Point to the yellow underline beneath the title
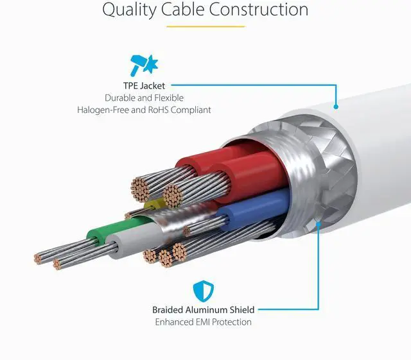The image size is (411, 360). click(x=205, y=26)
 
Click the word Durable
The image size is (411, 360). click(x=123, y=98)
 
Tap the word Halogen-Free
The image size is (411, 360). click(x=103, y=110)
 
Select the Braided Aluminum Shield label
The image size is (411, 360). click(x=203, y=309)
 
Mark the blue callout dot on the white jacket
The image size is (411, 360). click(x=336, y=107)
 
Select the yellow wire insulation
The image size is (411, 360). click(x=153, y=205)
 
